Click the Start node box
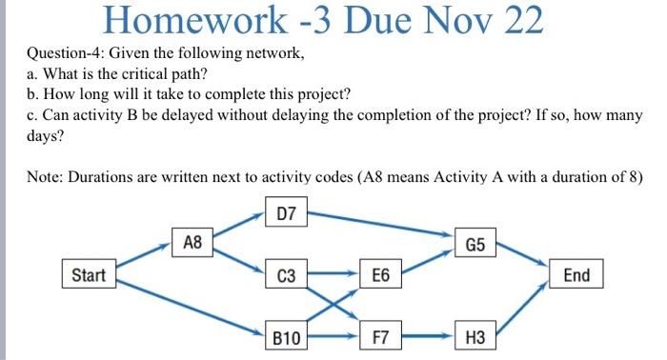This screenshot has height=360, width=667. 89,275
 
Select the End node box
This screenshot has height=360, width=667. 576,275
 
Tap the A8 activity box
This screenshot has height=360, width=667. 192,242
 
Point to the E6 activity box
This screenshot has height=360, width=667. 381,276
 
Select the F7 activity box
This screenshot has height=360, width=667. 381,336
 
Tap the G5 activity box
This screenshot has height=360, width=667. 475,245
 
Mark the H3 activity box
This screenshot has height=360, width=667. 475,336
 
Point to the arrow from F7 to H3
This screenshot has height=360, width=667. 429,336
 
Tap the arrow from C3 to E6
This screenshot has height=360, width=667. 333,276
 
